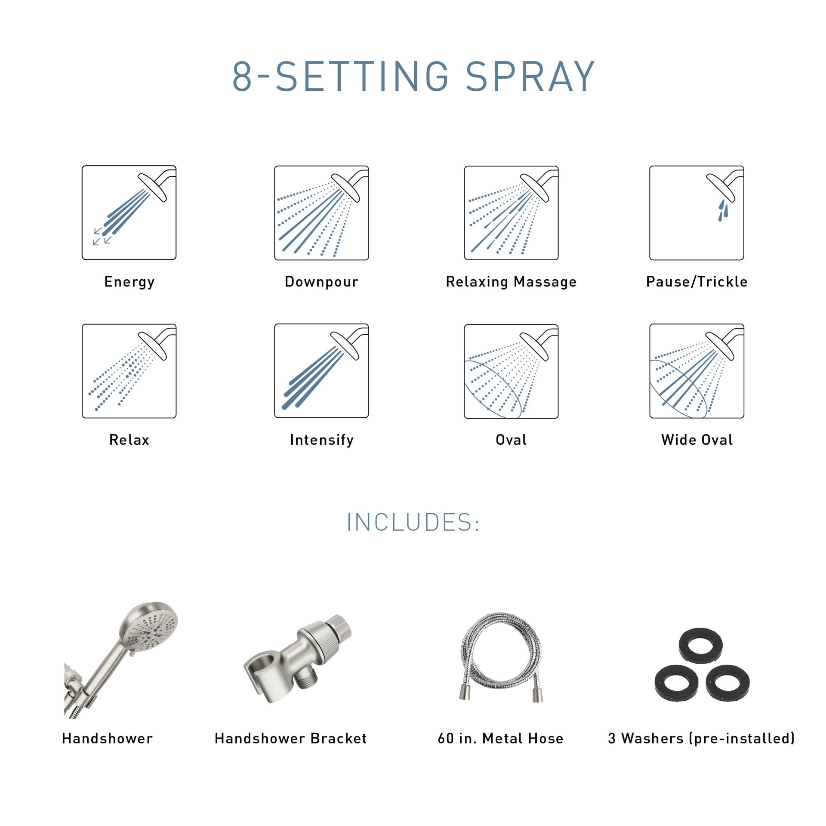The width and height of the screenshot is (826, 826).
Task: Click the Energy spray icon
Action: point(129,213)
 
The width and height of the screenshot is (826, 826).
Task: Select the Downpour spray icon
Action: point(321,213)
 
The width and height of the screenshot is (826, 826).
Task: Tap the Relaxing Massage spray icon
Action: point(511,213)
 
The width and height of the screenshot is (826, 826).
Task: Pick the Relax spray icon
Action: point(129,371)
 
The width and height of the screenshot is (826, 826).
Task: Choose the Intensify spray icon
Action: point(321,371)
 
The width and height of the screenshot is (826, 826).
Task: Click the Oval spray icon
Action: point(511,371)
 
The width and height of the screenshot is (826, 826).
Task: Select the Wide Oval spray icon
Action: point(697,371)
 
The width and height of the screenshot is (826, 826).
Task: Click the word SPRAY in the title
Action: point(530,77)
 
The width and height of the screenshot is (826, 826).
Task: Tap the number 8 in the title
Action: point(242,77)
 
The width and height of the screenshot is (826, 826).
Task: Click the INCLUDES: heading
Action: point(413,522)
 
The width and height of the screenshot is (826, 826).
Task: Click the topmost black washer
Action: point(700,645)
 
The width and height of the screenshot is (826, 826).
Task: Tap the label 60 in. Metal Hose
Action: point(500,739)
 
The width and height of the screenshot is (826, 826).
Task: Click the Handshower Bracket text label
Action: point(290,739)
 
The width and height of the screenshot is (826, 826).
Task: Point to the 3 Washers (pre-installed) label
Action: point(701,739)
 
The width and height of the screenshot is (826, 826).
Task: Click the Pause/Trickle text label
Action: point(697,282)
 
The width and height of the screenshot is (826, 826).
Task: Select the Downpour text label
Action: point(321,282)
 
